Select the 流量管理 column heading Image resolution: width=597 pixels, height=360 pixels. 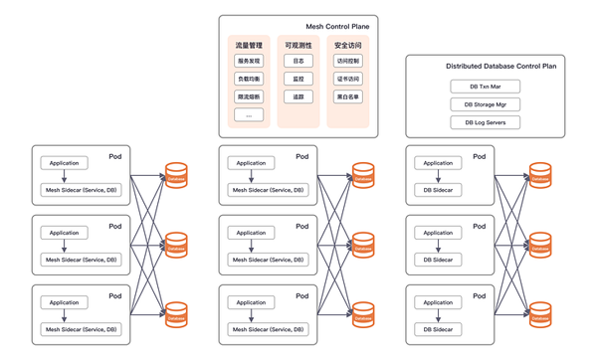(x=249, y=46)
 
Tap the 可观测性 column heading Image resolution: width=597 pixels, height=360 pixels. (x=298, y=46)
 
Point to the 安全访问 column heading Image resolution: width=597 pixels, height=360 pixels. (x=348, y=46)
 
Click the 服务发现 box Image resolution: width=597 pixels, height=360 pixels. (x=249, y=62)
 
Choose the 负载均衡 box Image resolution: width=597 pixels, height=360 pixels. (x=249, y=80)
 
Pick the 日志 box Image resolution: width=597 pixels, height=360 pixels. (x=298, y=62)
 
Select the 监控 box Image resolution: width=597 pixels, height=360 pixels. (x=298, y=80)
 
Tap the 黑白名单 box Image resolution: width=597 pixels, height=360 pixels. (x=348, y=97)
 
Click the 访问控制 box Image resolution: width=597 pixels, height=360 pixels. (x=348, y=62)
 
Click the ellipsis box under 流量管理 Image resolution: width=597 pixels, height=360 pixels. (x=249, y=115)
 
